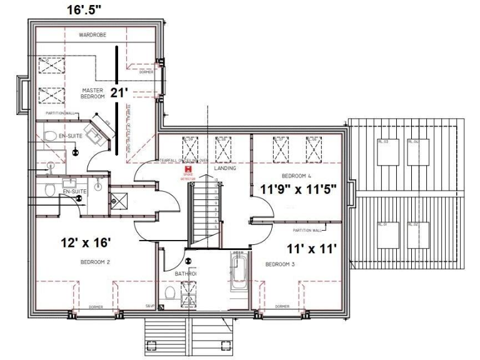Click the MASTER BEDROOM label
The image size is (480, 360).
point(92,94)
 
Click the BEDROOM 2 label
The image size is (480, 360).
point(95,262)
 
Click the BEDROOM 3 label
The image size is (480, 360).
point(279,264)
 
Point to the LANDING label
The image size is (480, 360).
point(223,168)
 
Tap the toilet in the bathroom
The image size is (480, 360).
point(169,293)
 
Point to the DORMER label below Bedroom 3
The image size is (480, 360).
point(282,307)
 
